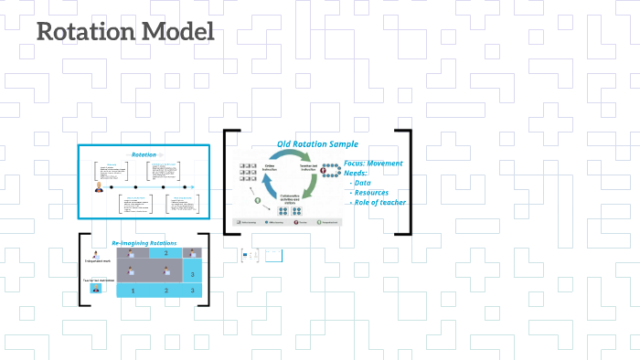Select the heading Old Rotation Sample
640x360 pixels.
[317, 144]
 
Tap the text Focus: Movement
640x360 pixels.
[373, 163]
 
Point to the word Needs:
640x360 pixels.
[357, 173]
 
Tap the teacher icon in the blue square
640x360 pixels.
[95, 288]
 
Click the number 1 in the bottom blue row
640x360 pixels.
[133, 291]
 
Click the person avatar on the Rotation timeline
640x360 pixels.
[99, 188]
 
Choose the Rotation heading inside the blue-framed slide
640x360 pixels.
[144, 154]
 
